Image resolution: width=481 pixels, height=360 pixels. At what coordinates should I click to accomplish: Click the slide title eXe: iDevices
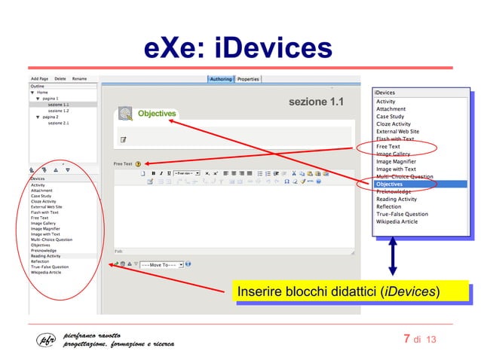[238, 47]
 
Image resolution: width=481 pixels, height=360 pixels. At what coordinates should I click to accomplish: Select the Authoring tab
[221, 78]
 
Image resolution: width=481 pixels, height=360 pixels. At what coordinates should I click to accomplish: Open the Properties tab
[248, 78]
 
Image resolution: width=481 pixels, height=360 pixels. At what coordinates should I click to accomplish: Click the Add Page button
[39, 78]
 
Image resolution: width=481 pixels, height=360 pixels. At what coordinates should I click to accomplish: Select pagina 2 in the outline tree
[51, 117]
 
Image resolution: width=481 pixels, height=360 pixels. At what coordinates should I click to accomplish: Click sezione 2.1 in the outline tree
[59, 123]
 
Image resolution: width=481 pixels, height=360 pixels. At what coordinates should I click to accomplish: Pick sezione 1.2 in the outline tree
[59, 111]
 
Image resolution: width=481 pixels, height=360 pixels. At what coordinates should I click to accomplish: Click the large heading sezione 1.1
[316, 102]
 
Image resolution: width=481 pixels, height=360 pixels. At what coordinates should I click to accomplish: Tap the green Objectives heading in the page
[156, 114]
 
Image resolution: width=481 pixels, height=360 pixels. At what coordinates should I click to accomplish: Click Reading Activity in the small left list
[45, 256]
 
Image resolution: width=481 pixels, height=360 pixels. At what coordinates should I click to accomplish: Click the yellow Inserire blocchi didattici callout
[339, 291]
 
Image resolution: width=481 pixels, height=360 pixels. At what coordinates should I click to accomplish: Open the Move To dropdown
[160, 264]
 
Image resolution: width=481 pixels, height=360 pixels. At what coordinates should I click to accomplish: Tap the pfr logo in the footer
[47, 339]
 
